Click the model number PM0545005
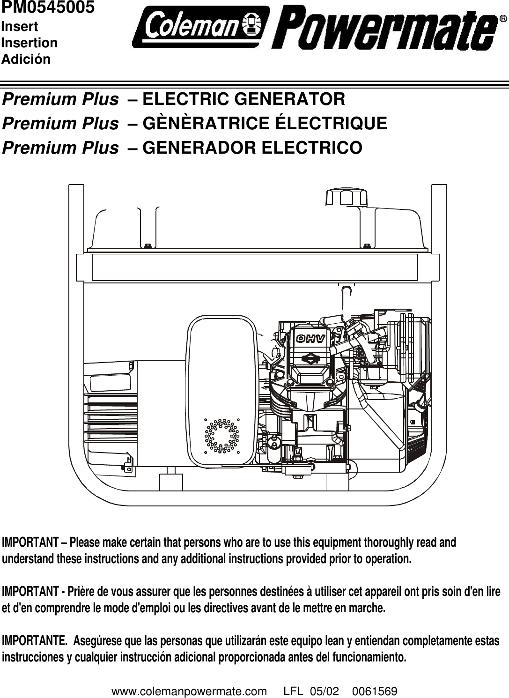click(x=47, y=7)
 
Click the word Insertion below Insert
click(x=30, y=43)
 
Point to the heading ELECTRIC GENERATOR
click(x=243, y=99)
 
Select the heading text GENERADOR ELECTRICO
click(x=252, y=148)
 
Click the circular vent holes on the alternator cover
click(x=221, y=435)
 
